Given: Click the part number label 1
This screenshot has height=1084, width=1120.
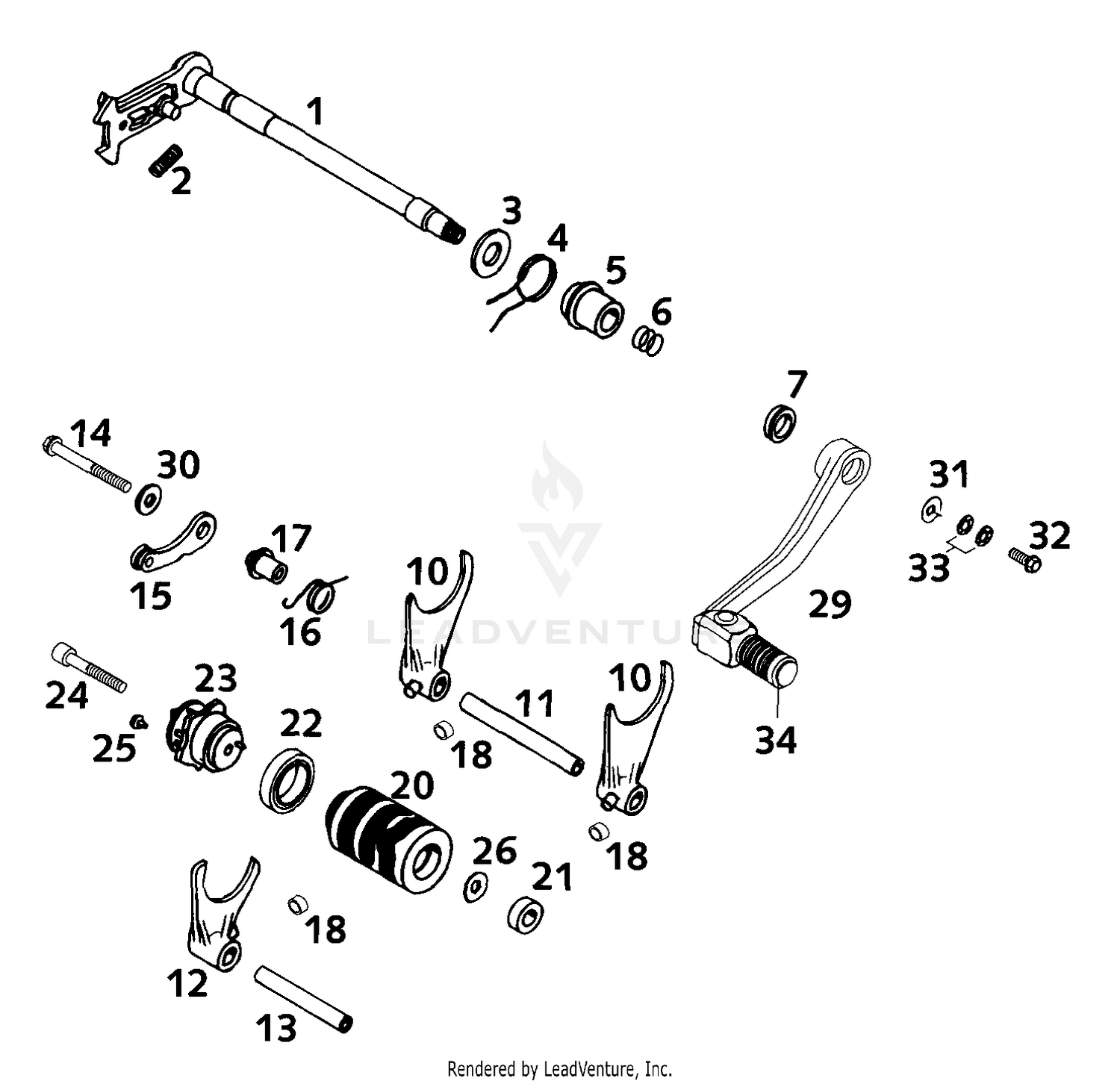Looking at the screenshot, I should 316,113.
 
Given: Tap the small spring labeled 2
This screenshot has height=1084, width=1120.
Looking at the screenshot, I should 166,160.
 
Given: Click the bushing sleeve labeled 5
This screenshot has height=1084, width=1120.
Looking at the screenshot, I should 592,306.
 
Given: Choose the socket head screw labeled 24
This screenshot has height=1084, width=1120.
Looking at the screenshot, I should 88,668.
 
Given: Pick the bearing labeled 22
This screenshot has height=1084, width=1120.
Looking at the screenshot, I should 288,782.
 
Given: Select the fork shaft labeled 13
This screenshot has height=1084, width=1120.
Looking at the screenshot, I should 303,998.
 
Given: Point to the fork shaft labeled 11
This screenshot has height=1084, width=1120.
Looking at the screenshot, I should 521,734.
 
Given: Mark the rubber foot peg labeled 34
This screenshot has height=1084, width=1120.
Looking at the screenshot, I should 768,658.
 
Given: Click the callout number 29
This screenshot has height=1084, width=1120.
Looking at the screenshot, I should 830,603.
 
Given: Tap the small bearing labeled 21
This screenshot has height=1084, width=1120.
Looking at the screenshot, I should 525,915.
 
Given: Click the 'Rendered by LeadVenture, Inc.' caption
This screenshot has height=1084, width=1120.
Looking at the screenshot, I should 560,1068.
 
